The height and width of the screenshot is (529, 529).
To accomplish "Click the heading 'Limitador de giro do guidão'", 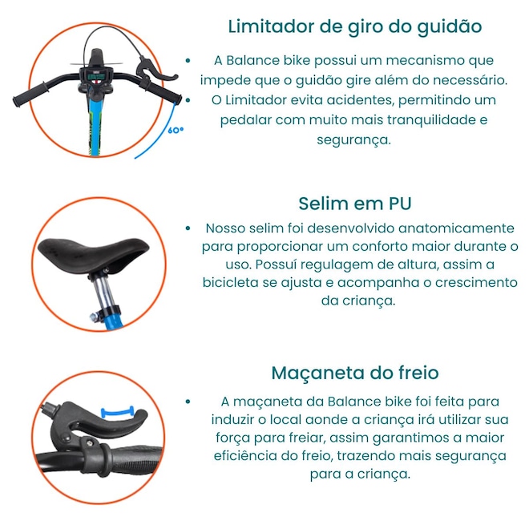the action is coord(355,27).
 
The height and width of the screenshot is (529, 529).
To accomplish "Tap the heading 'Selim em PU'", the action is coord(355,204).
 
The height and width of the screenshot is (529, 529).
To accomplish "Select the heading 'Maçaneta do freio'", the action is coord(355,374).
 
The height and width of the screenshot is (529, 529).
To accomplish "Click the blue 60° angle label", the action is coord(176,130).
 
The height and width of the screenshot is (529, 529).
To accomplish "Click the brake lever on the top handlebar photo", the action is coord(155,71).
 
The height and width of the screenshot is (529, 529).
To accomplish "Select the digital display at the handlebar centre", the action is coord(96,77).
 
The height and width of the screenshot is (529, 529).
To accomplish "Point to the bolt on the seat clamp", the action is coord(94,317).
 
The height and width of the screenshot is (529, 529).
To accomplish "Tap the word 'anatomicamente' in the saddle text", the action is coord(456,228).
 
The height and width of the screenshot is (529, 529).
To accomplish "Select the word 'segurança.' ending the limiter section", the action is coord(353,139).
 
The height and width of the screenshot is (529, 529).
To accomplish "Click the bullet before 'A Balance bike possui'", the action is coord(188,61).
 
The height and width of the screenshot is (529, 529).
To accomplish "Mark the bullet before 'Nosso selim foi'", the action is coord(188,228).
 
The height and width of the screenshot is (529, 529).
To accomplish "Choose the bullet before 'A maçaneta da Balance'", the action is coord(188,402).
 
